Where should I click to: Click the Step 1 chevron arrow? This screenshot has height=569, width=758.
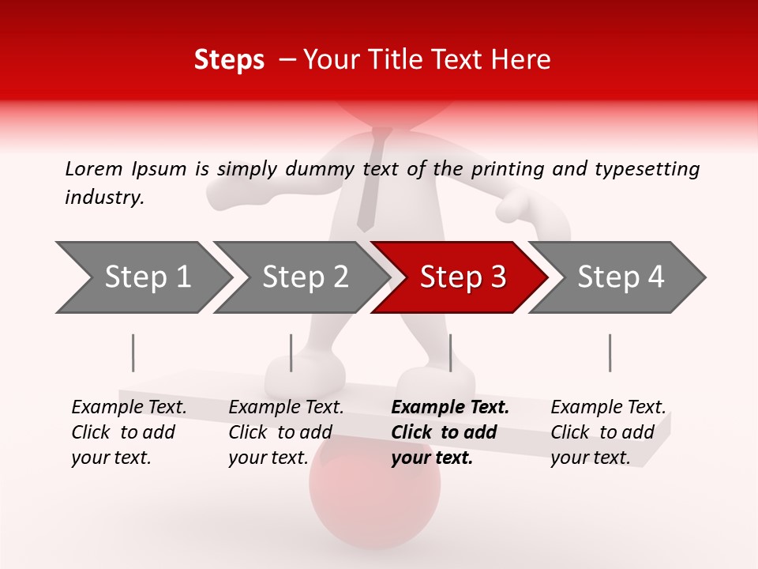coord(146,277)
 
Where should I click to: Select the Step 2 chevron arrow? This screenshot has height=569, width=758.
coord(304,277)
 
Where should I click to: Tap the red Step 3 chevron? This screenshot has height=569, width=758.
coord(462,277)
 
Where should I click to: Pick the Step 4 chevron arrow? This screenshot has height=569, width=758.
coord(620,277)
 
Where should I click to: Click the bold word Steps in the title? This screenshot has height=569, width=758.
coord(229,60)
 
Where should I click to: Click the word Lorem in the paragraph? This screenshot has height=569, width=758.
coord(93,168)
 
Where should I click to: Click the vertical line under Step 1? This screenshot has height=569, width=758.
coord(133,352)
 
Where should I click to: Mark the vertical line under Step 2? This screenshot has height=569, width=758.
coord(291,352)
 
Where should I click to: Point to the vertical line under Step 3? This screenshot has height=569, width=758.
coord(450,352)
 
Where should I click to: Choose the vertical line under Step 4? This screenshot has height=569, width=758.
coord(610,352)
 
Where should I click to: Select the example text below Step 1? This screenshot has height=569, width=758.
coord(129,432)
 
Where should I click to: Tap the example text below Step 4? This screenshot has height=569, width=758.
coord(608,432)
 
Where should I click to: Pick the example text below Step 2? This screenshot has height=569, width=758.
coord(286,432)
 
